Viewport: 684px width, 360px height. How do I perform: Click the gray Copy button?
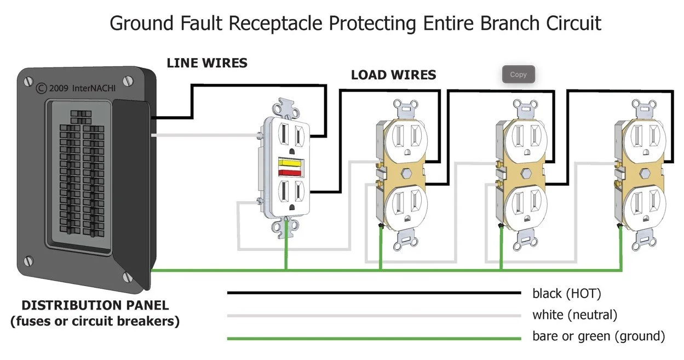518,75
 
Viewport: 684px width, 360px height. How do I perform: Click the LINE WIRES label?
207,63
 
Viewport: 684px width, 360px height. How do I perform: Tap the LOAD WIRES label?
393,75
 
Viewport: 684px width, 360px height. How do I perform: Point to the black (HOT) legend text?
566,294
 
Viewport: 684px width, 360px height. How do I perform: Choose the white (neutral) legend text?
574,315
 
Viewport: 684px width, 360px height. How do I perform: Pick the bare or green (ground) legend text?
598,336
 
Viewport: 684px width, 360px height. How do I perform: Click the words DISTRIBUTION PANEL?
95,305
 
